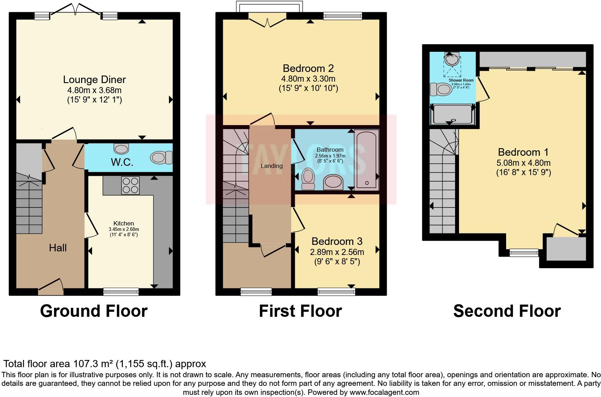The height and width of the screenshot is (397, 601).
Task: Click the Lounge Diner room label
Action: click(x=95, y=79)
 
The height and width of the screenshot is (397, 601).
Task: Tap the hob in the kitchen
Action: click(x=130, y=185)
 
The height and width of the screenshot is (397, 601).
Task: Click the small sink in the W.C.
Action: click(x=121, y=148)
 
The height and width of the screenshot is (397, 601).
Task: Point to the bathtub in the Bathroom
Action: click(x=366, y=159)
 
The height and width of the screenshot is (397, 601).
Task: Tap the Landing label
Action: click(x=271, y=166)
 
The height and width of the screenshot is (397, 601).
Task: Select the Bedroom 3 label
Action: click(x=337, y=241)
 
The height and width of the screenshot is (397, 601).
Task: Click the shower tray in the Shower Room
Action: click(x=453, y=114)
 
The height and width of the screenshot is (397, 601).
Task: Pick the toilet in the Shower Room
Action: click(x=441, y=89)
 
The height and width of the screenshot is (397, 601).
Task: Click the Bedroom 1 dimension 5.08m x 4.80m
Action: click(x=523, y=163)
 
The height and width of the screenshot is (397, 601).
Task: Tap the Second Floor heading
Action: click(x=507, y=311)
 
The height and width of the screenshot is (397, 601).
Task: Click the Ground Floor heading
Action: click(x=94, y=311)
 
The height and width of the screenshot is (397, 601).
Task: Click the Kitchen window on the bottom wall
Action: click(x=121, y=291)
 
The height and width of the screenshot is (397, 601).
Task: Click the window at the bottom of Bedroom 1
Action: click(x=524, y=253)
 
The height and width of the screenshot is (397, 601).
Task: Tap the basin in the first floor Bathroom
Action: click(x=333, y=182)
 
